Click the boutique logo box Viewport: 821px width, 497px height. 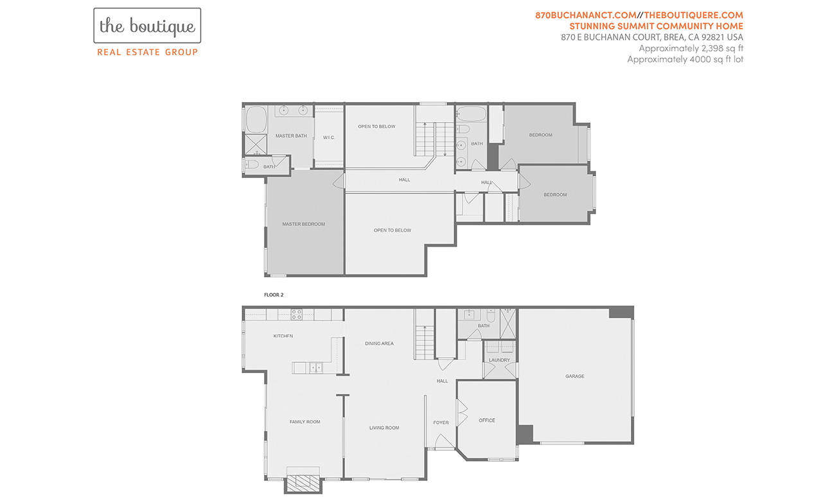click(147, 26)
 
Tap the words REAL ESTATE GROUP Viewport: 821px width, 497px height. click(147, 53)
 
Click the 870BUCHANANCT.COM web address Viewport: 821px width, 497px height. click(586, 15)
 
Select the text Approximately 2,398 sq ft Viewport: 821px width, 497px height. click(691, 48)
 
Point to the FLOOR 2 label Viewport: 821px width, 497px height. click(274, 295)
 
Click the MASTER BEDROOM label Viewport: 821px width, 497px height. click(303, 224)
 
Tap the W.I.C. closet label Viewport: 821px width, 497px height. click(329, 137)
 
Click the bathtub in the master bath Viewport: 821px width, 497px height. click(256, 119)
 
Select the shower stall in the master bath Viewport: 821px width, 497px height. click(256, 144)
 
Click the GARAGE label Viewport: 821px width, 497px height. click(575, 376)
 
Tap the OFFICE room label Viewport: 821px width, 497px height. click(487, 421)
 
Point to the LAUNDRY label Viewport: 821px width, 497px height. click(499, 360)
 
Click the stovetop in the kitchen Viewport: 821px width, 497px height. click(297, 315)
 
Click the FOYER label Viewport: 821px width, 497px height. click(441, 423)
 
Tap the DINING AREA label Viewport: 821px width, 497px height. click(380, 344)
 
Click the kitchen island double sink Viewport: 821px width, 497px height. click(316, 368)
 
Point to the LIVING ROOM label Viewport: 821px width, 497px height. click(384, 428)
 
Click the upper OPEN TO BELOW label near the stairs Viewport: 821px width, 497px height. click(377, 126)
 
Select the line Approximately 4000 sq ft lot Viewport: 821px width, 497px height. click(685, 59)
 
